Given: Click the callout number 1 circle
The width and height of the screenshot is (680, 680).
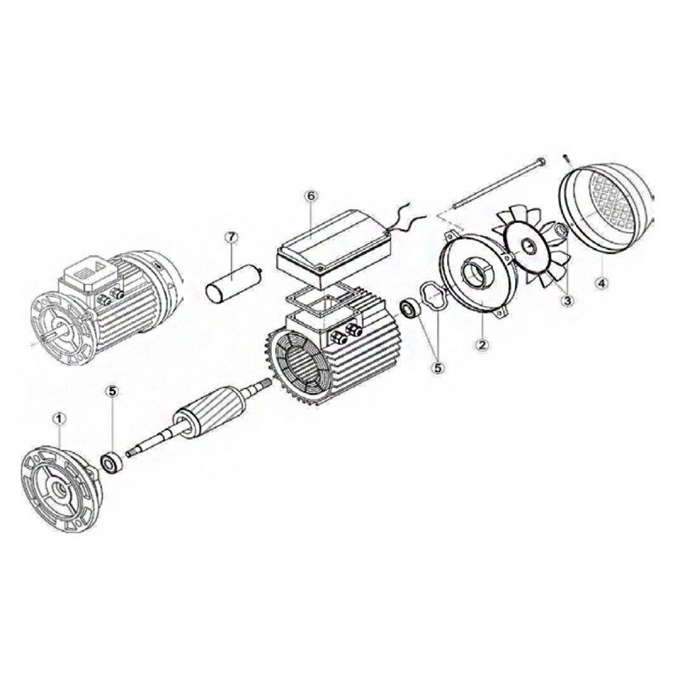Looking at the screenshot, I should pos(59,418).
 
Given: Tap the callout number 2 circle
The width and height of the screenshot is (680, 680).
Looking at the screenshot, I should pos(481,345).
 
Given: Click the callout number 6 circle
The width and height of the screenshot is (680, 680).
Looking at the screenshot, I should pos(311,195).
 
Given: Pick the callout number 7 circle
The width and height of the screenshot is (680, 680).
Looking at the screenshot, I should pos(229,237).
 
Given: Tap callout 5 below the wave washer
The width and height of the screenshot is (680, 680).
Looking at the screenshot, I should pos(438,367).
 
